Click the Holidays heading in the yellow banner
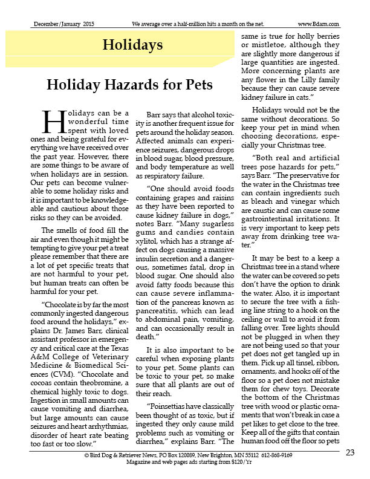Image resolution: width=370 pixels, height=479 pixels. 132,45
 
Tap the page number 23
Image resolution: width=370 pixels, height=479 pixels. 351,453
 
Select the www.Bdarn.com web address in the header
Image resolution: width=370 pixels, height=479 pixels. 318,24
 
